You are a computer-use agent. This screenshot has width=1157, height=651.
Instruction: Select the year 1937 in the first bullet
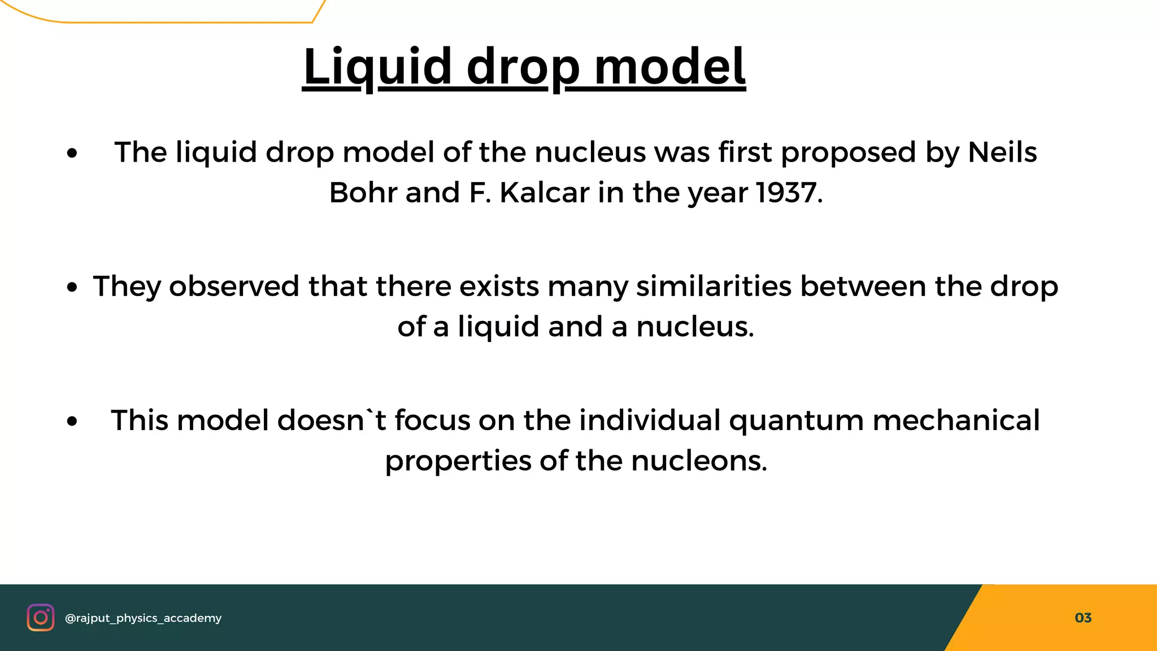point(786,193)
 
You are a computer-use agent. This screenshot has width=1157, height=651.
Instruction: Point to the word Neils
point(1002,153)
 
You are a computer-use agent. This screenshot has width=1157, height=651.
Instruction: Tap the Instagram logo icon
point(41,617)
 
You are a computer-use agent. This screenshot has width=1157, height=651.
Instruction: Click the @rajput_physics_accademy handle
point(143,618)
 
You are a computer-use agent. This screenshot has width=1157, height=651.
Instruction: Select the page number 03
point(1083,618)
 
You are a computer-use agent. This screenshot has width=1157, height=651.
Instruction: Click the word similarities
point(714,286)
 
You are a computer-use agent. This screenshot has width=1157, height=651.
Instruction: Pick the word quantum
point(796,421)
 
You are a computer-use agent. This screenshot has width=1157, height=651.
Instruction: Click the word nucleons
point(699,461)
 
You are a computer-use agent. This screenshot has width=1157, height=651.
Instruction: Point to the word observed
point(234,286)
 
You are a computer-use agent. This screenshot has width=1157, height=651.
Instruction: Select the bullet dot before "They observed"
point(71,288)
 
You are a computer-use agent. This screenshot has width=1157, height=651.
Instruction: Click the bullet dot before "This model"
point(71,422)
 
